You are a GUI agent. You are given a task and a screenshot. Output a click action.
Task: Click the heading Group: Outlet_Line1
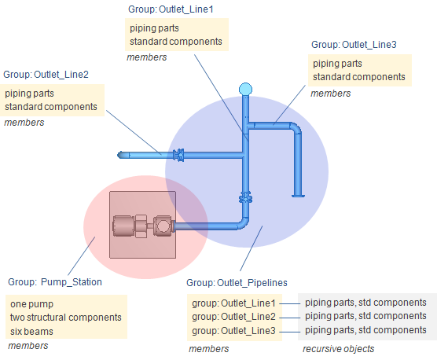coord(171,9)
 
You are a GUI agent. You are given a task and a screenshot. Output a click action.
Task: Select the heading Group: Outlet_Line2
coord(46,75)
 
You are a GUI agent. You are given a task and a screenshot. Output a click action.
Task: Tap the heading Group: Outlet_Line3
coord(354,45)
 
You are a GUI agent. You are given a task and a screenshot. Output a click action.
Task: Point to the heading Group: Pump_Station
coord(55,282)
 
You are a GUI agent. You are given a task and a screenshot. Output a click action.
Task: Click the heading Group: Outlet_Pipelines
coord(237,282)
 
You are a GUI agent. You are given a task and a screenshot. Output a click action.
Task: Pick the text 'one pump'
coord(31,304)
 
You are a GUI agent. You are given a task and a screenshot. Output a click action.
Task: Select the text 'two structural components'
coord(66,318)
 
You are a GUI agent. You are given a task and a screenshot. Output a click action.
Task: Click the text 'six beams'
coord(31,331)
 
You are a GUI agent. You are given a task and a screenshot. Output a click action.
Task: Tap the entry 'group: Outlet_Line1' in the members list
coord(233,303)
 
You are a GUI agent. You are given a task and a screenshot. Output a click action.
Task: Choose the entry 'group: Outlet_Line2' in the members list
coord(233,317)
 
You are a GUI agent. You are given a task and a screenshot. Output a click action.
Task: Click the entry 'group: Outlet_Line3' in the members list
coord(233,330)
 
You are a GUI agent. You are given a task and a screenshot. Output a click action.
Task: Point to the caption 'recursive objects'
coord(338,348)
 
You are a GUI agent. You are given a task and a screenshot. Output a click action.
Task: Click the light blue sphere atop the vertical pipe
coord(245,90)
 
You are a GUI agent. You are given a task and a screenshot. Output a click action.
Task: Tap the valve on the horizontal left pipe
coord(178,155)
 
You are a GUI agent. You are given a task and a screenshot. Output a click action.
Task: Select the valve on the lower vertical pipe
coord(245,197)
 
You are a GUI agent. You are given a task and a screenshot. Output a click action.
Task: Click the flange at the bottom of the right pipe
coord(298,196)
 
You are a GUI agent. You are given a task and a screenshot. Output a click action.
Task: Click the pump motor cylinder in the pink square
coord(123,226)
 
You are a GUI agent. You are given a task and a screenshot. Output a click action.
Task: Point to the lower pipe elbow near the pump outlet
coord(242,223)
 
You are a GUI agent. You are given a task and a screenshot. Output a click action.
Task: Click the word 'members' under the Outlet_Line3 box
coord(331,94)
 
